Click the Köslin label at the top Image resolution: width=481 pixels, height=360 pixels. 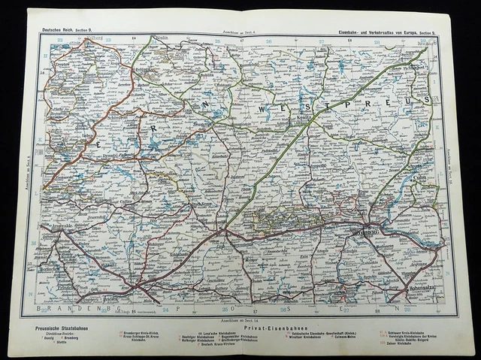click(159, 36)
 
